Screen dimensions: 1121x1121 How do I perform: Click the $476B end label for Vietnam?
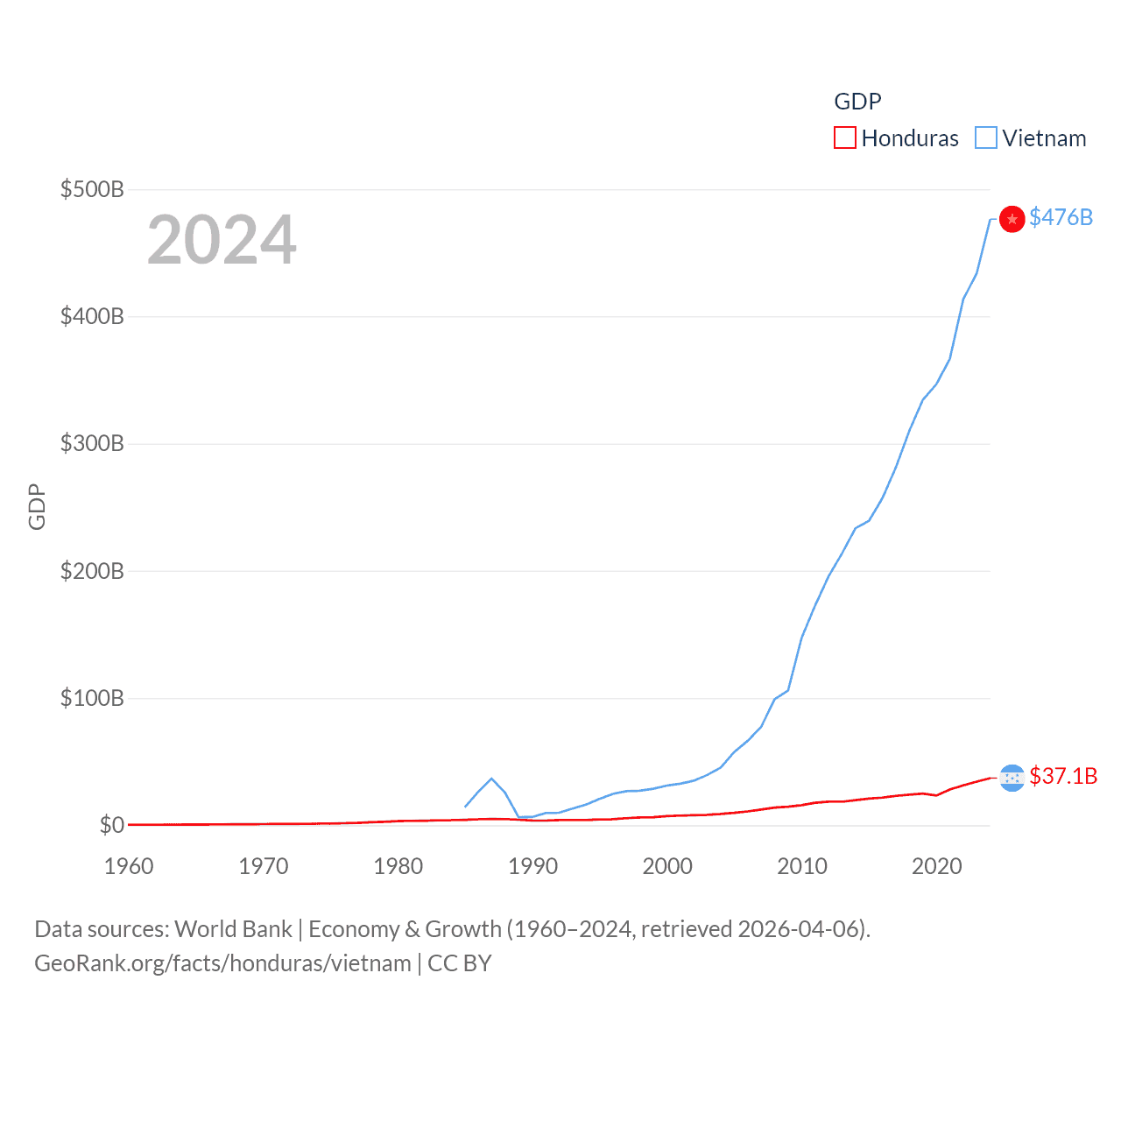(x=1061, y=217)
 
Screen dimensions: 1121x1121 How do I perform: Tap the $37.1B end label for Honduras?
(x=1063, y=776)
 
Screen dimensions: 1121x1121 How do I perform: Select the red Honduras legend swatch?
(x=844, y=138)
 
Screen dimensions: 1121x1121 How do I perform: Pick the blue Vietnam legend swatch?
(x=986, y=138)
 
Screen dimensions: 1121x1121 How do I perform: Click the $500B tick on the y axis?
(x=92, y=189)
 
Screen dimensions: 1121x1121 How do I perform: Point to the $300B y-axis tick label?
(x=92, y=443)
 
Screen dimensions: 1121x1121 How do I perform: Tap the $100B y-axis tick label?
(x=92, y=698)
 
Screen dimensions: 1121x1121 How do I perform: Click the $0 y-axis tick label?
(x=111, y=825)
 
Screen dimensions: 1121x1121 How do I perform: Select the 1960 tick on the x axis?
(x=129, y=866)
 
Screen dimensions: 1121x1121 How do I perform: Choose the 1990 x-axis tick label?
(x=532, y=866)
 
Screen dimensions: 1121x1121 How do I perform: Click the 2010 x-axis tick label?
(x=802, y=866)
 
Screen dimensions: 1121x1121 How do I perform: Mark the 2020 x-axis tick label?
(x=937, y=866)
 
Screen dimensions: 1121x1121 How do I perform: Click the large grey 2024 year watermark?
(x=222, y=240)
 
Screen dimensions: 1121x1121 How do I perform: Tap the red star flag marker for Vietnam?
(x=1012, y=219)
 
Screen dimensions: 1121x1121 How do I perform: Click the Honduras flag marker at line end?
(x=1012, y=778)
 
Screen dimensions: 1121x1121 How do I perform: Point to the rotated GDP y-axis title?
(x=37, y=506)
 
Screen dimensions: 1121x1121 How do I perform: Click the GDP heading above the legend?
(x=857, y=102)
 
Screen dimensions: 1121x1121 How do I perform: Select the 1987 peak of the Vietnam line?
(x=491, y=779)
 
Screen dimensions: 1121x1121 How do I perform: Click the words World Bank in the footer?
(x=234, y=929)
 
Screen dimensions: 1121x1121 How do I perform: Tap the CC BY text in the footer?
(x=460, y=963)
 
